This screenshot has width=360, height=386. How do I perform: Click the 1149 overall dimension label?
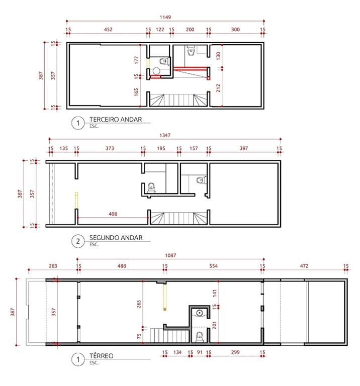pyautogui.click(x=165, y=17)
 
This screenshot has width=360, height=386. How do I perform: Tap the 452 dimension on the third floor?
pyautogui.click(x=108, y=30)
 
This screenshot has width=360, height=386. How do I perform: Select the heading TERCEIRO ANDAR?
pyautogui.click(x=116, y=120)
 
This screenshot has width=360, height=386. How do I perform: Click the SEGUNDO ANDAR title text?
pyautogui.click(x=116, y=238)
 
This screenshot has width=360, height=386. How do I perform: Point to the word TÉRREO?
pyautogui.click(x=101, y=356)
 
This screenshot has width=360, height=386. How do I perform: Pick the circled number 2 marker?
pyautogui.click(x=78, y=241)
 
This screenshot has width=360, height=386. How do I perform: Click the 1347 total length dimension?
pyautogui.click(x=165, y=135)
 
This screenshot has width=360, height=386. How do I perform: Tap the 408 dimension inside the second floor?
pyautogui.click(x=113, y=214)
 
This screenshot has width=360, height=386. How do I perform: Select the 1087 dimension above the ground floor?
pyautogui.click(x=170, y=255)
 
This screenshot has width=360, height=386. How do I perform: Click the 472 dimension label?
pyautogui.click(x=304, y=266)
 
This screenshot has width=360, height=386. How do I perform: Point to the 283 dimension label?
pyautogui.click(x=53, y=266)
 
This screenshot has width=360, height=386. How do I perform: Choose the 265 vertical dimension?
pyautogui.click(x=139, y=304)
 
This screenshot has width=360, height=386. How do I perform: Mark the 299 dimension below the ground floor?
pyautogui.click(x=235, y=352)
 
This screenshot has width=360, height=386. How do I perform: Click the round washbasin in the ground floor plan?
pyautogui.click(x=200, y=313)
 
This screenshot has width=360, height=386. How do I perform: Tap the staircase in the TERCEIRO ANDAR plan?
pyautogui.click(x=178, y=100)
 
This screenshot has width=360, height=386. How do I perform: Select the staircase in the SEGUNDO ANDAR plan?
pyautogui.click(x=178, y=219)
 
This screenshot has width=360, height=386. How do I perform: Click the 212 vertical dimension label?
pyautogui.click(x=218, y=88)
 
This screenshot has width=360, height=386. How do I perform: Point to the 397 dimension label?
pyautogui.click(x=244, y=148)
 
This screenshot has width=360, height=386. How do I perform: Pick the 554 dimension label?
pyautogui.click(x=214, y=266)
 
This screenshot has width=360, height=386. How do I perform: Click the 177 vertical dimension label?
pyautogui.click(x=137, y=60)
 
